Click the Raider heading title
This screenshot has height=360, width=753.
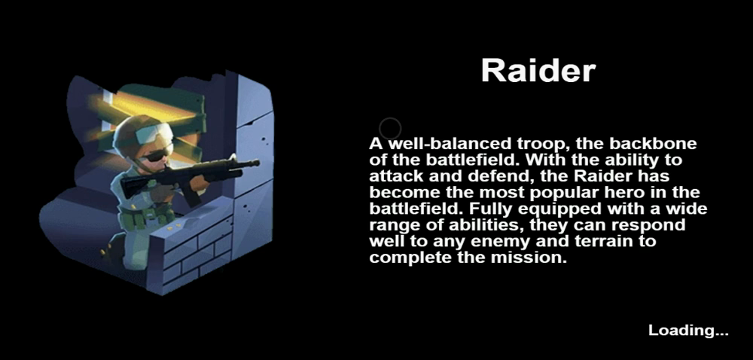[x=538, y=71]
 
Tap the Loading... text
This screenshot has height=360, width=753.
[x=689, y=330]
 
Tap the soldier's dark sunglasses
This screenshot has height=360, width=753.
[x=157, y=154]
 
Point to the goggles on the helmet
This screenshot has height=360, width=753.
[x=154, y=133]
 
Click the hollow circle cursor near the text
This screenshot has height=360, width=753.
[x=390, y=129]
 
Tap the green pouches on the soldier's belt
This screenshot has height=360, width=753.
[x=148, y=218]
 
